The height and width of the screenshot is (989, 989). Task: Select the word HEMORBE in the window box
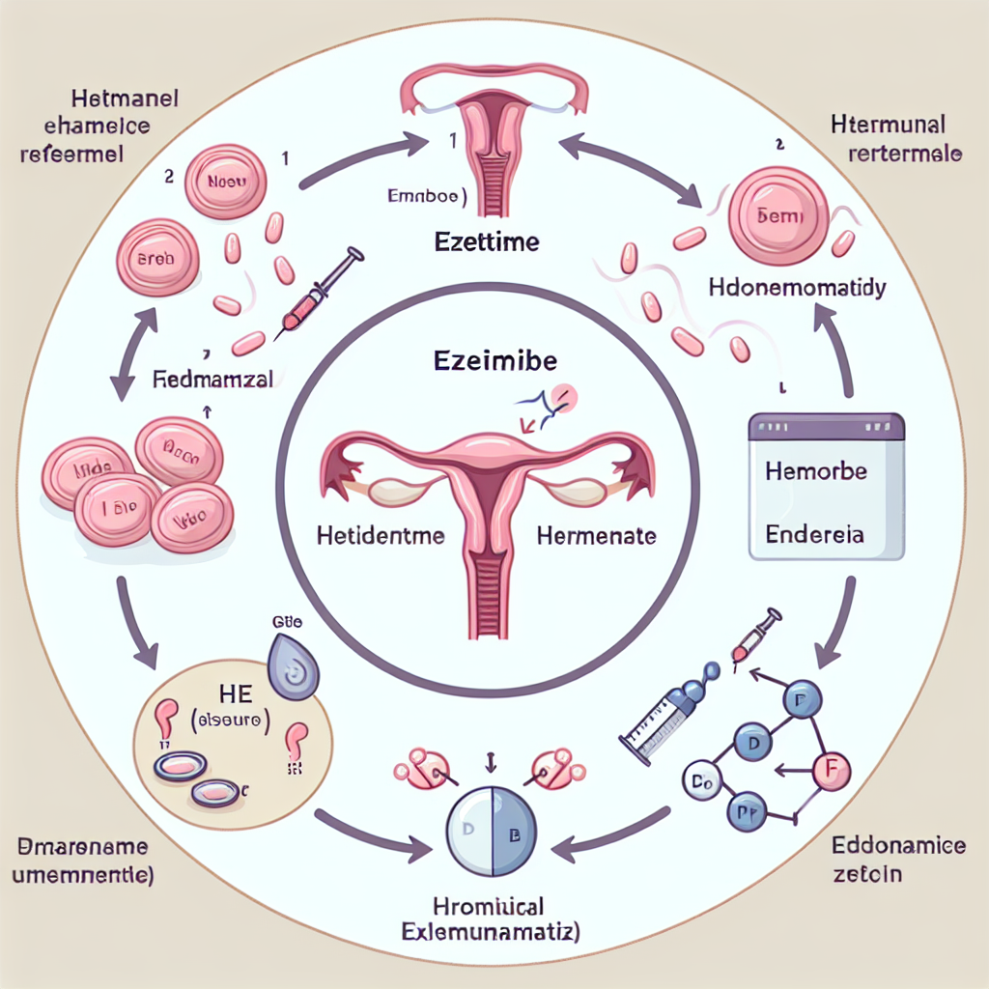[815, 472]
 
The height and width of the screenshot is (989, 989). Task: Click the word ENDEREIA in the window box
[815, 533]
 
